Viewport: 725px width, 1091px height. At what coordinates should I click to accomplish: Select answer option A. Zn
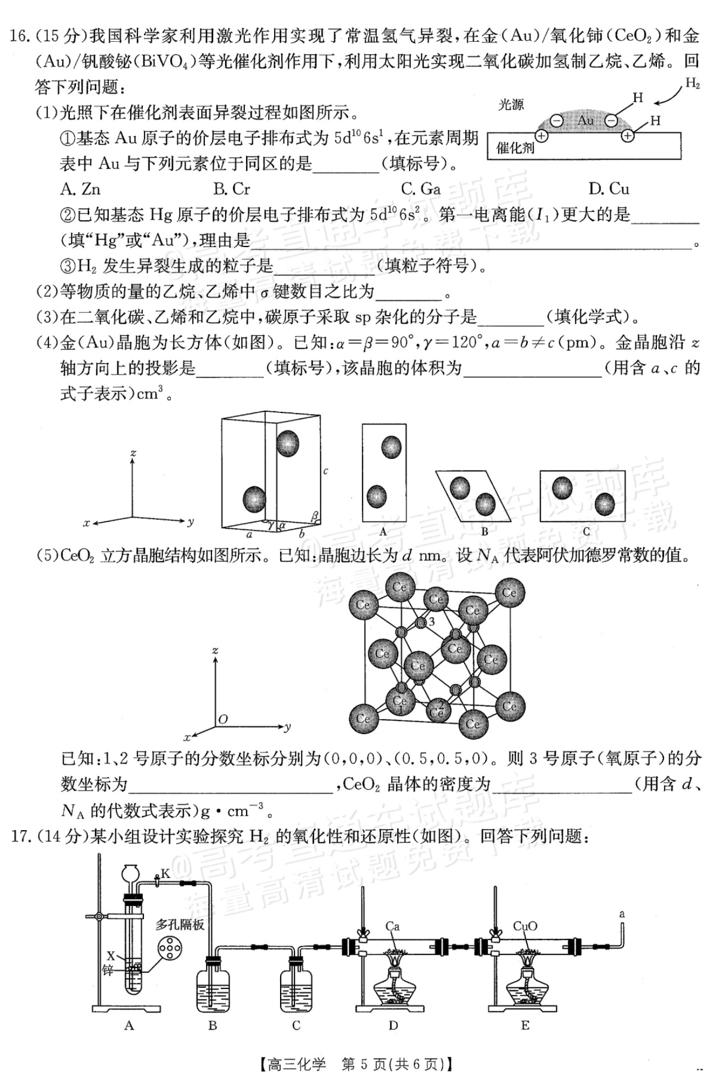81,189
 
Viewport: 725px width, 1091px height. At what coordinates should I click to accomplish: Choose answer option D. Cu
609,189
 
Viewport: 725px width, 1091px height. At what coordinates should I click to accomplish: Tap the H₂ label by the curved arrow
693,84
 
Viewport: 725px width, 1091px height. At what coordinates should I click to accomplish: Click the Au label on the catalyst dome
585,120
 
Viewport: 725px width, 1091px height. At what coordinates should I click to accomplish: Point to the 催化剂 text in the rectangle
515,147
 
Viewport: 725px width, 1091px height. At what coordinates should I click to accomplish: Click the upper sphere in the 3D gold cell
287,443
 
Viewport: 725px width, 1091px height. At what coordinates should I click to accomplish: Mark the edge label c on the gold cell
326,471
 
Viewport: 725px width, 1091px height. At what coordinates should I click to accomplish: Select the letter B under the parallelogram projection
484,531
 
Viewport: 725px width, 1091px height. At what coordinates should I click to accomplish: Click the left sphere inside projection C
562,488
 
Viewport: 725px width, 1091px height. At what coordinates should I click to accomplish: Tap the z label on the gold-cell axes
133,454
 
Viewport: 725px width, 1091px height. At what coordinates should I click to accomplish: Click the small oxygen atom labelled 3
421,623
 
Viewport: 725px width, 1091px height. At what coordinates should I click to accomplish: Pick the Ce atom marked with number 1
399,701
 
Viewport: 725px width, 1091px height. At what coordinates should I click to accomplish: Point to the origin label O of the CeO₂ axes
222,719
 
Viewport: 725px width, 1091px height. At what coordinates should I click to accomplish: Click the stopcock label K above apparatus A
165,874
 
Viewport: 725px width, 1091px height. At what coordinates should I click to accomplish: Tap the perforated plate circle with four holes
169,949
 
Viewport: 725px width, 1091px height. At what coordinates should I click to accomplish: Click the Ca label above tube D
392,927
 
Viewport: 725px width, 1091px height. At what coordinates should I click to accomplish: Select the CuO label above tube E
525,926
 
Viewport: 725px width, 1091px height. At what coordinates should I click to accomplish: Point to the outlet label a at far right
622,914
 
